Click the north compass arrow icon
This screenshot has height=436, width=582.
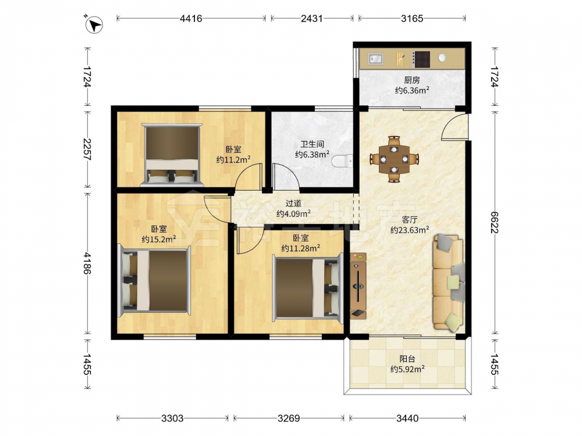tap(94, 25)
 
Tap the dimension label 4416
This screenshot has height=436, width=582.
tap(191, 18)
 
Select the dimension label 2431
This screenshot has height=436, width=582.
tap(312, 18)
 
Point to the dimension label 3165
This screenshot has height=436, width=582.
tap(412, 18)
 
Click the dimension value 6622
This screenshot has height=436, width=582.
tap(494, 223)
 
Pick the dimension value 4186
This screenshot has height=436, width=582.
tap(87, 263)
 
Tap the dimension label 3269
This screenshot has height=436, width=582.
tap(289, 418)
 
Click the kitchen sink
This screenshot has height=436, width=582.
tap(375, 59)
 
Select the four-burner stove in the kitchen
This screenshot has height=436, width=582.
tap(421, 59)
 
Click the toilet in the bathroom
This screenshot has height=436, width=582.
tap(342, 161)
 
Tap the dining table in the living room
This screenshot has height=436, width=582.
tap(394, 159)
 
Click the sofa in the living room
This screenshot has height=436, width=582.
tap(448, 282)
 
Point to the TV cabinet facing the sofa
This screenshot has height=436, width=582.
tap(358, 286)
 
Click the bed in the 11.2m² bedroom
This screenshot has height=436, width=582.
tap(172, 154)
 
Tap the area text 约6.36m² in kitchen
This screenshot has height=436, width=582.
tap(412, 90)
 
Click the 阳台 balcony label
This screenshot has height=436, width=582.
tap(407, 359)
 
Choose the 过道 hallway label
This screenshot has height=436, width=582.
tap(293, 203)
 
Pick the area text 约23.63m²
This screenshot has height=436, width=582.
tap(409, 230)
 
